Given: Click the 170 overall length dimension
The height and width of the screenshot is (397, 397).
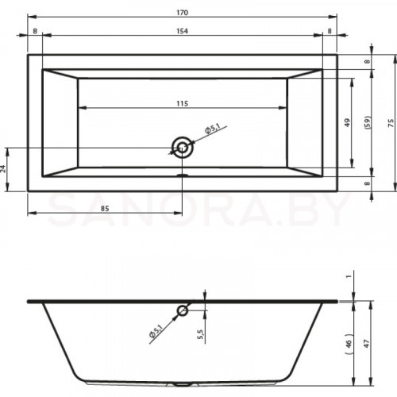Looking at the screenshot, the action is coord(183,13).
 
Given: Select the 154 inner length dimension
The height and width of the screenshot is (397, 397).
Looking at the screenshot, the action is coord(183,31).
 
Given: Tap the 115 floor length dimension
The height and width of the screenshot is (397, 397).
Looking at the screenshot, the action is coord(183,103).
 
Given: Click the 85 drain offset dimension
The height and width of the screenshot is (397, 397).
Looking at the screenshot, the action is coord(105,209).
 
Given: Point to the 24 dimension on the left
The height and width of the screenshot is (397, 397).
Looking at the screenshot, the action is coord(3,169).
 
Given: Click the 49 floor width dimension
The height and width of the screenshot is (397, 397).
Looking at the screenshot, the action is coord(347,122).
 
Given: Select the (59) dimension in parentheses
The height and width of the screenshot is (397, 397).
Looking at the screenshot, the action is coord(368,122).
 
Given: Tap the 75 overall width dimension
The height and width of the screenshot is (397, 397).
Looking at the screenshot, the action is coord(391,123).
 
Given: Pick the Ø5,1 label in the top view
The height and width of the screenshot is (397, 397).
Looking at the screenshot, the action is coord(213,128).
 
